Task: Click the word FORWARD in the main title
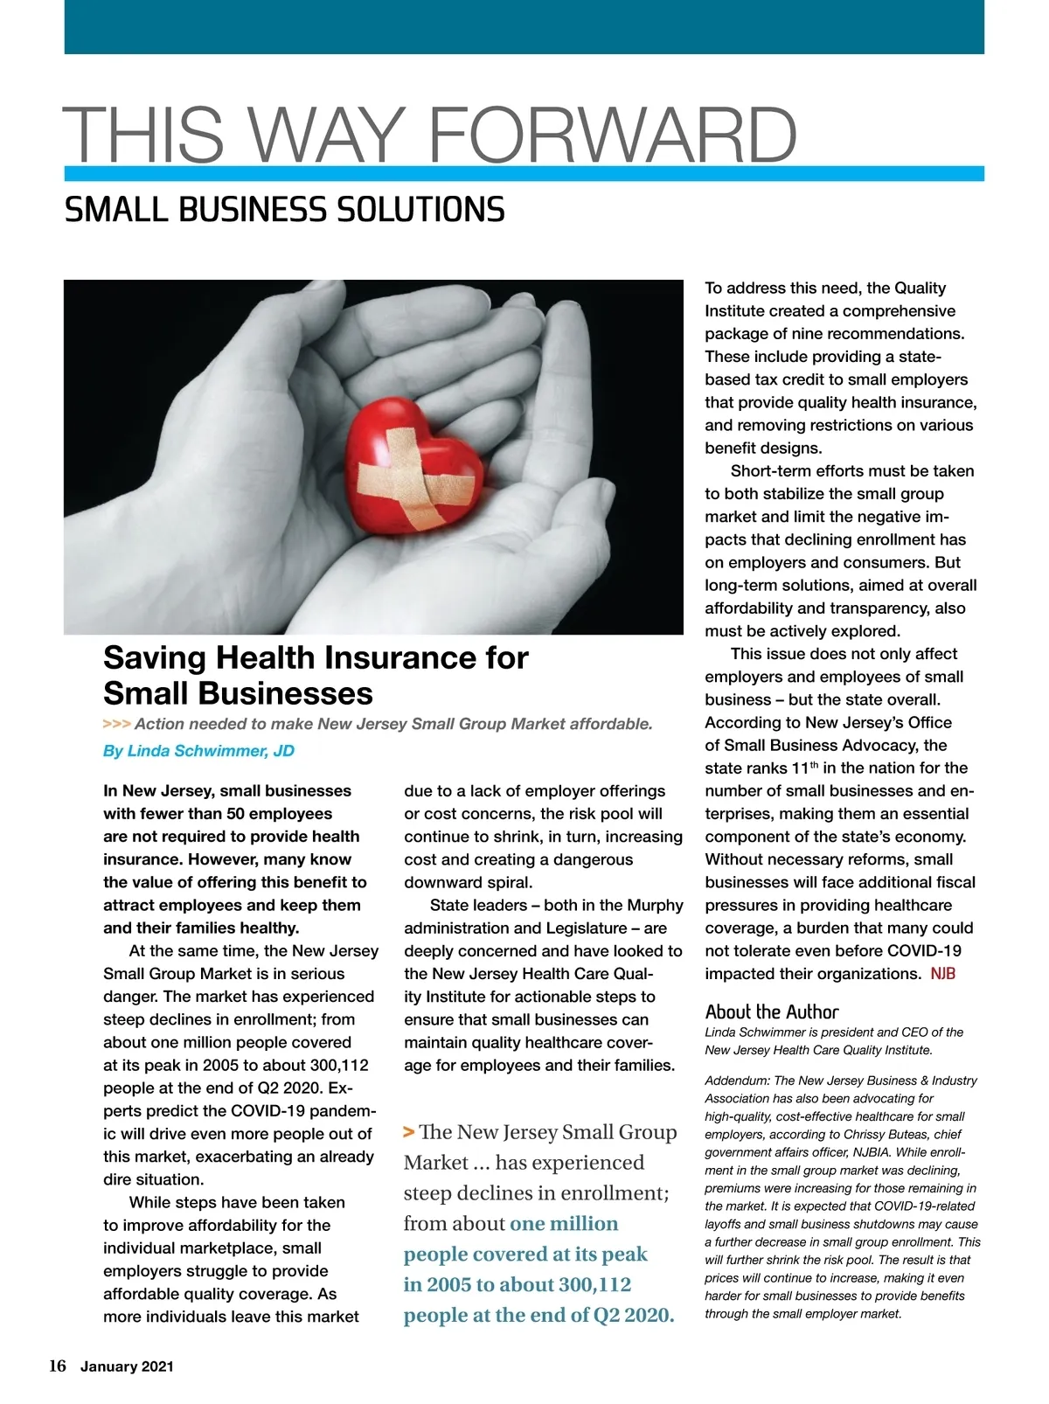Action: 612,136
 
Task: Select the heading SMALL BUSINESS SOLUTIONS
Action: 284,210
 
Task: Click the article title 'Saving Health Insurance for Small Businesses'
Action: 316,675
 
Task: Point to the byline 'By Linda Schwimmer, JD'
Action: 198,751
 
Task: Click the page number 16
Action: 57,1366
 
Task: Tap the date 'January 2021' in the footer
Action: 127,1367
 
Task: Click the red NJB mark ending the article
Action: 942,974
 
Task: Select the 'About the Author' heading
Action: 771,1012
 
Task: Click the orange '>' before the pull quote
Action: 408,1132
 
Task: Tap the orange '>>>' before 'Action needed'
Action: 116,724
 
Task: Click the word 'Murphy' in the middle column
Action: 654,905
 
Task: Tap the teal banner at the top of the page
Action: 524,26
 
